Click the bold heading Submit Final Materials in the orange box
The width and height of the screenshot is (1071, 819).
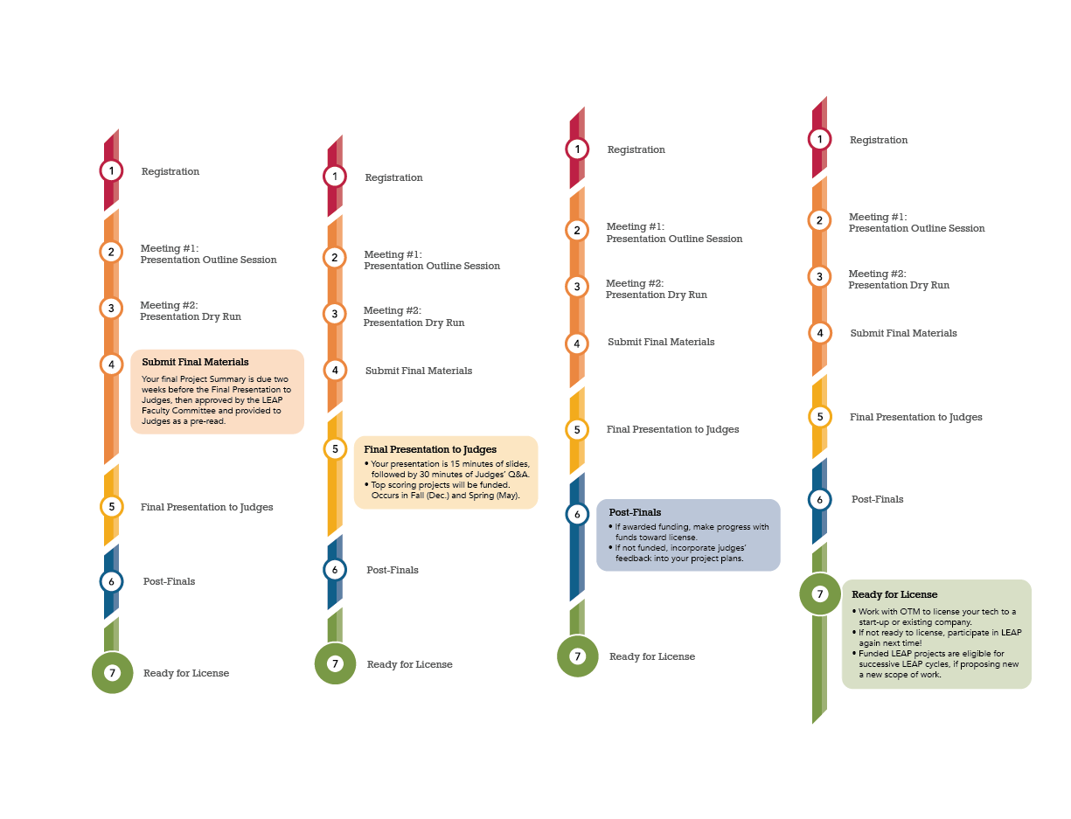point(195,362)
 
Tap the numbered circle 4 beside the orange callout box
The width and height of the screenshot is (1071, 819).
point(111,364)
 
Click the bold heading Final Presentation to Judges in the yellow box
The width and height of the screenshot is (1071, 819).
point(430,449)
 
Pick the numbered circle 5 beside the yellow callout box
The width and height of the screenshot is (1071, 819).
point(335,449)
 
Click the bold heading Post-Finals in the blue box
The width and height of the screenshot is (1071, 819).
point(635,512)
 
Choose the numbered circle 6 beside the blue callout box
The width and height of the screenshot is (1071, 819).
point(577,514)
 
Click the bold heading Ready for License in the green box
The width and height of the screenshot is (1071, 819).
point(894,594)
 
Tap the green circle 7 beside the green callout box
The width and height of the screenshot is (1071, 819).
point(820,594)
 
